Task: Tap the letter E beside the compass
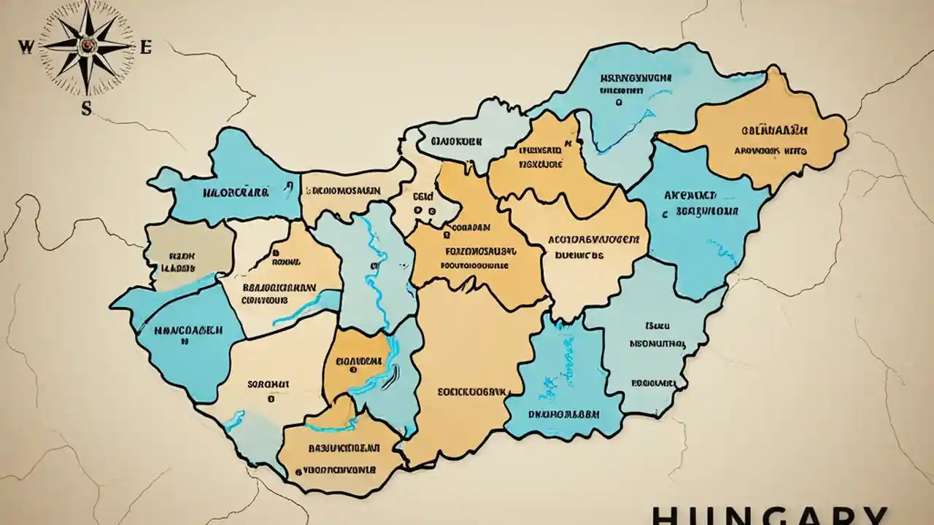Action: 145,49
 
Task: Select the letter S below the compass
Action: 86,109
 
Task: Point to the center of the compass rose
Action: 87,46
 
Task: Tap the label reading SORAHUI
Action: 269,384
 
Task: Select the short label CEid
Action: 423,196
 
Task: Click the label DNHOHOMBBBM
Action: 564,413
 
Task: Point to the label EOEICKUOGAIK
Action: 472,392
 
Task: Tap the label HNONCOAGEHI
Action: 189,329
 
